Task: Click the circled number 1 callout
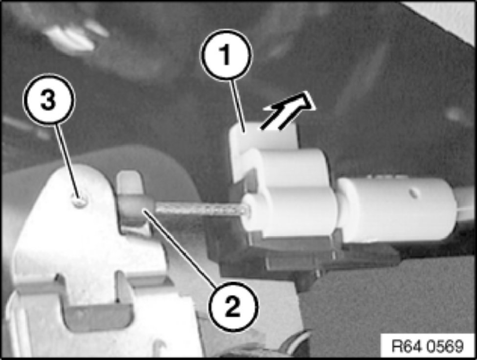pyautogui.click(x=226, y=55)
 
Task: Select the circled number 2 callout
pyautogui.click(x=233, y=307)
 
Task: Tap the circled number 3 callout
pyautogui.click(x=48, y=99)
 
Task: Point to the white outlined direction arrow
pyautogui.click(x=288, y=112)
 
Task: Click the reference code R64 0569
pyautogui.click(x=428, y=346)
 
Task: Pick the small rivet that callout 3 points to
pyautogui.click(x=79, y=201)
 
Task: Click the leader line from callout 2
pyautogui.click(x=180, y=247)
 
